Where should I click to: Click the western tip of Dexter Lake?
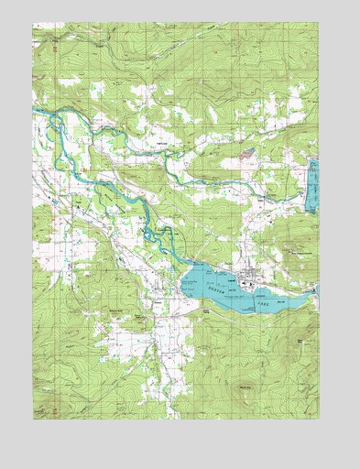(x=183, y=276)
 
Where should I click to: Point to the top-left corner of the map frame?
(x=33, y=25)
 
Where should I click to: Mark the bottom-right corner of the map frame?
(x=319, y=419)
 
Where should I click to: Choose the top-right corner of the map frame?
(x=319, y=25)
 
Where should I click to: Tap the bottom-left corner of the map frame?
(x=33, y=419)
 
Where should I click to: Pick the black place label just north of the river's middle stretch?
(x=162, y=145)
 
